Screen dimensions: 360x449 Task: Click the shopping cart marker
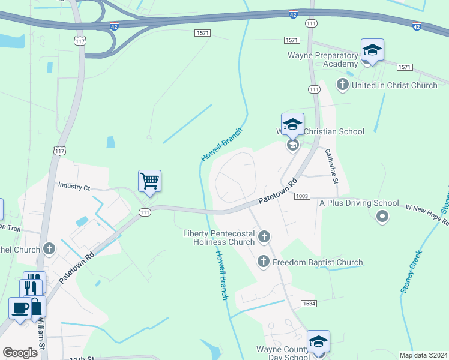tap(149, 180)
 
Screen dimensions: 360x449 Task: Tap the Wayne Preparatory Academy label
tap(324, 59)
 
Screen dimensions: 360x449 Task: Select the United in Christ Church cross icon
tap(343, 85)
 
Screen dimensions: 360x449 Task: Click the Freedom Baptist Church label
tap(318, 262)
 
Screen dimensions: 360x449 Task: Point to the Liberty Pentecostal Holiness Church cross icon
tap(264, 237)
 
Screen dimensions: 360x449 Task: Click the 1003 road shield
tap(302, 197)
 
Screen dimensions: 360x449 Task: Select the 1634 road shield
tap(309, 304)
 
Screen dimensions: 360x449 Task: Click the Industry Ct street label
tap(74, 187)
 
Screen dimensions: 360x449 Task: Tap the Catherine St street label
tap(333, 166)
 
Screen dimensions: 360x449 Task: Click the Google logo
tap(20, 353)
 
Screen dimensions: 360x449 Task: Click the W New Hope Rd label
tap(427, 214)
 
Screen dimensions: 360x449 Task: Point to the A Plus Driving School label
tap(359, 203)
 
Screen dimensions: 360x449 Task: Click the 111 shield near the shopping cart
tap(145, 212)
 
